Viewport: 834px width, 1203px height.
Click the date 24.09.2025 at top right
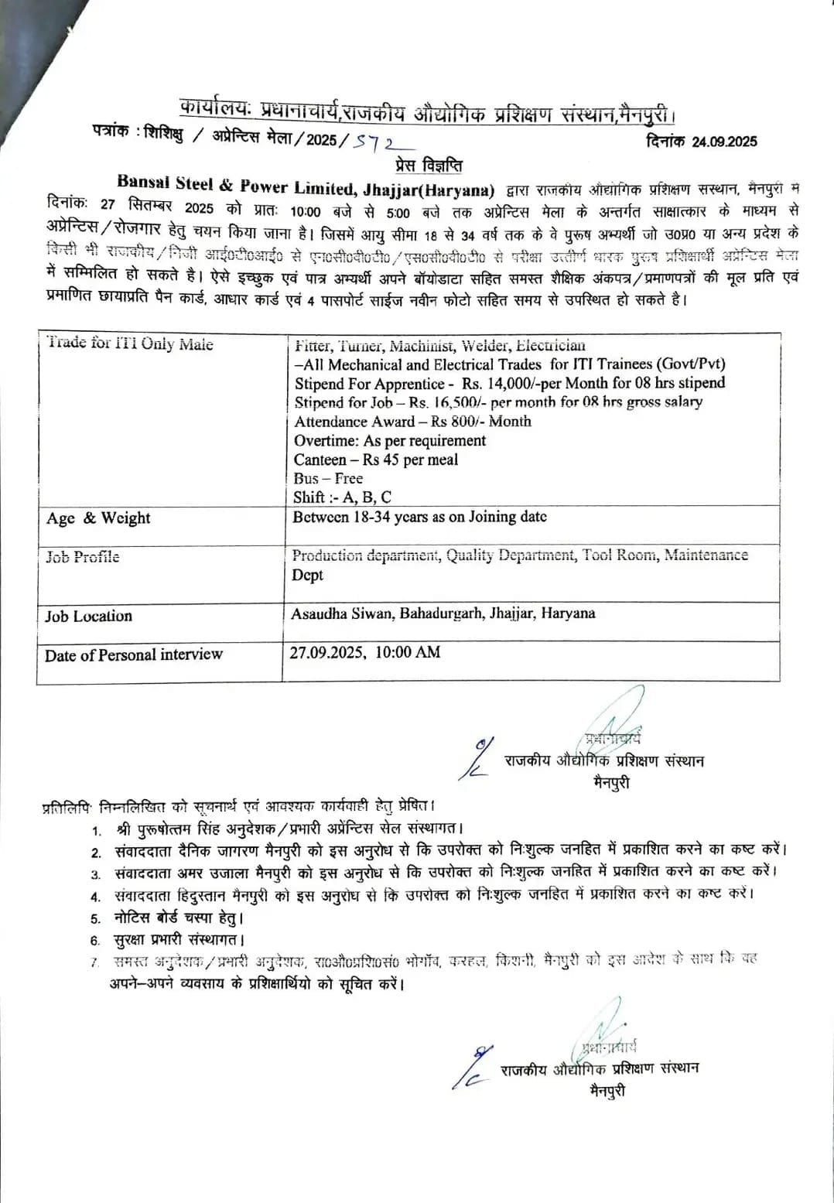[x=724, y=142]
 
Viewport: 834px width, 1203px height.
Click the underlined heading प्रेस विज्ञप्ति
[x=429, y=166]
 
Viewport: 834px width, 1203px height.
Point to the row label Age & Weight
[x=97, y=518]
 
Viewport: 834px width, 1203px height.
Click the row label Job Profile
[x=82, y=557]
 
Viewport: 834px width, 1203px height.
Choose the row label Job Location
[x=88, y=617]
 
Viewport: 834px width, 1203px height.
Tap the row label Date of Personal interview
[x=133, y=655]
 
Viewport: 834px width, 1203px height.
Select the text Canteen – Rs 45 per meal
[x=376, y=460]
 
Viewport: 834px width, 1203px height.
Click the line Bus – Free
[x=328, y=478]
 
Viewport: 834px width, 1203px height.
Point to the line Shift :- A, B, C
[x=342, y=497]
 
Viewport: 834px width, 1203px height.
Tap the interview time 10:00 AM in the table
[x=408, y=652]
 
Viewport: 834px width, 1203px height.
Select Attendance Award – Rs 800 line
[x=412, y=422]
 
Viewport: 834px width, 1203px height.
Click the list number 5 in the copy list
[x=95, y=919]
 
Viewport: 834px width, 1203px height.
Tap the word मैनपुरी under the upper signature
[x=612, y=782]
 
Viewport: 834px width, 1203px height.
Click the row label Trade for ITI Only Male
[x=129, y=343]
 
